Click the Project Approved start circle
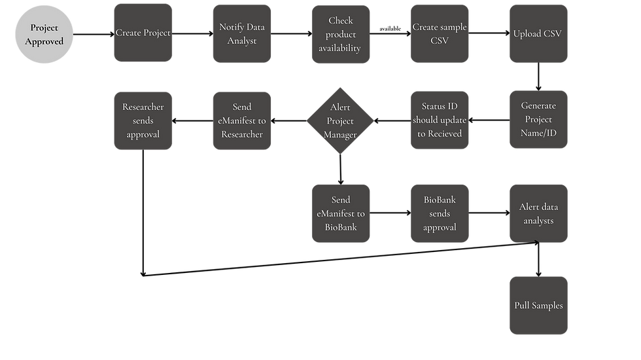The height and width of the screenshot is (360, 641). pos(44,34)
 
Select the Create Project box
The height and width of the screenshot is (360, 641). pos(143,33)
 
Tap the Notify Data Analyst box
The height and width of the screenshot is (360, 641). pos(242,33)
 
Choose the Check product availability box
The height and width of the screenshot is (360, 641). pos(341,34)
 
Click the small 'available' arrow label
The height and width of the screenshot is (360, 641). pos(390,29)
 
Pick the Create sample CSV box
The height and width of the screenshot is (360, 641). pos(440,33)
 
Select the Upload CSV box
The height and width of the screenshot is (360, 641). pos(538,33)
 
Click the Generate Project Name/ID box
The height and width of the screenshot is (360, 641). pos(538,119)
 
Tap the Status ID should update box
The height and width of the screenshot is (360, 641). pos(440,120)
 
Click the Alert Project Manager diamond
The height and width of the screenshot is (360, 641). pos(340,120)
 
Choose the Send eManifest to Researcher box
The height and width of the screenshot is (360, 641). pos(242,120)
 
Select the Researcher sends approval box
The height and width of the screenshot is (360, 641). pos(143,120)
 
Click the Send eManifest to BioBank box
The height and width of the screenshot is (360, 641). pos(341,213)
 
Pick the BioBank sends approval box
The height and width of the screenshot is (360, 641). pos(440,213)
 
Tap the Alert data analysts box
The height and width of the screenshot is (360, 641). pos(538,213)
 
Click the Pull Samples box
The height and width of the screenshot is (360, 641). pos(538,306)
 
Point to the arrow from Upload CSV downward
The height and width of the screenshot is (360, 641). pos(538,77)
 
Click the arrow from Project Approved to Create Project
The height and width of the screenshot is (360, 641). pos(94,34)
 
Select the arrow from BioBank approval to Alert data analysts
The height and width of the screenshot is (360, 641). pos(489,213)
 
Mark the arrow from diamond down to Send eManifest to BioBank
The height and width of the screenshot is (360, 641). pos(341,170)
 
